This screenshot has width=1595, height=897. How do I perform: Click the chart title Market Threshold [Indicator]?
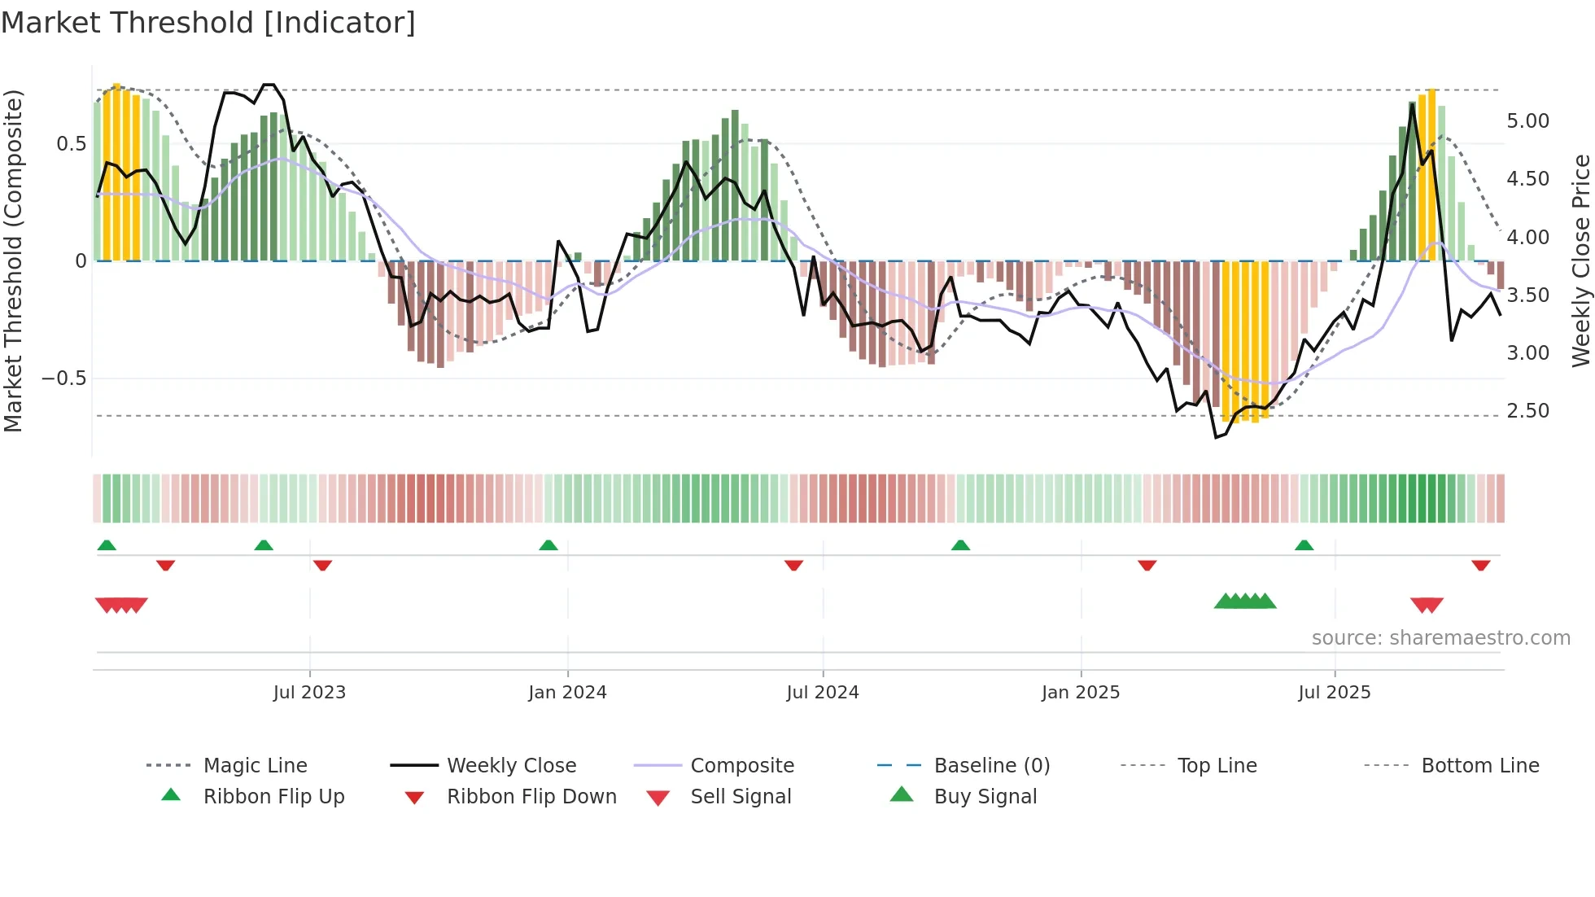(x=208, y=23)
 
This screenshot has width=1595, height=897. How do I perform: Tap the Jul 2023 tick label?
(x=309, y=693)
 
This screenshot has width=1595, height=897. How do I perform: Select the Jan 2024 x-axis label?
(x=567, y=693)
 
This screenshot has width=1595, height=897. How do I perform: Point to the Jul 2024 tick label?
(x=823, y=693)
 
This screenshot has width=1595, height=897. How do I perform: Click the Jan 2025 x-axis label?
(x=1081, y=693)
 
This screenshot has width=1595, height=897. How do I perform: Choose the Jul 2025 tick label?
(x=1335, y=693)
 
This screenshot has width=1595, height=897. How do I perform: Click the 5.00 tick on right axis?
(x=1527, y=121)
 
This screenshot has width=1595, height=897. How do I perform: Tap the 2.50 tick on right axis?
(x=1527, y=411)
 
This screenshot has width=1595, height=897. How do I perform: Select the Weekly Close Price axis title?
(x=1580, y=260)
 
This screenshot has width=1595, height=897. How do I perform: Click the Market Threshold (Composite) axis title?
(x=13, y=260)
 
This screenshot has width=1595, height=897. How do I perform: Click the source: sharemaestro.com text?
(x=1440, y=638)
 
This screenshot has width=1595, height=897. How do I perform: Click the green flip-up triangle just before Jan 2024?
(x=548, y=545)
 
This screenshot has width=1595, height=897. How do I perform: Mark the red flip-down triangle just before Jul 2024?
(x=793, y=565)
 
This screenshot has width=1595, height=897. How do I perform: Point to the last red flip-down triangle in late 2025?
(x=1480, y=565)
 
